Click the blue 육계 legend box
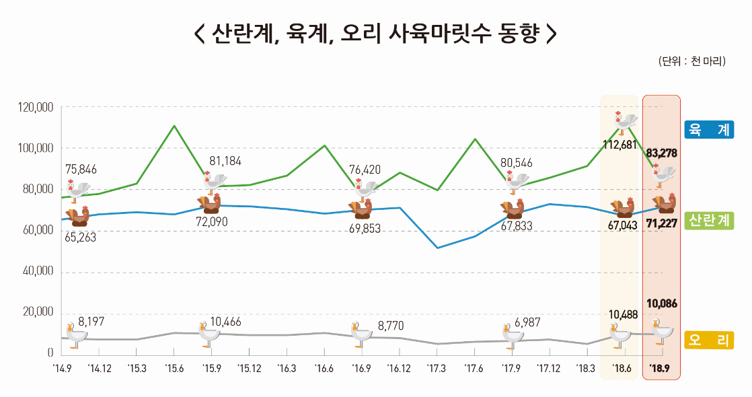pyautogui.click(x=708, y=129)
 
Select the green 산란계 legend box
pyautogui.click(x=708, y=220)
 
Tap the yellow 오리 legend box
pyautogui.click(x=708, y=340)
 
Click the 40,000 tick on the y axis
pyautogui.click(x=38, y=272)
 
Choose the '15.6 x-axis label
pyautogui.click(x=174, y=368)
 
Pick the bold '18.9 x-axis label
pyautogui.click(x=662, y=368)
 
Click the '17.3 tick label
pyautogui.click(x=436, y=368)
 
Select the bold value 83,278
pyautogui.click(x=661, y=153)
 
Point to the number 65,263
pyautogui.click(x=80, y=237)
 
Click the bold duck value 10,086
pyautogui.click(x=661, y=303)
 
